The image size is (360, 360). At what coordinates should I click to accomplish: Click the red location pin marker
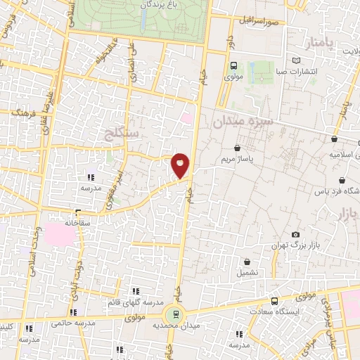click(181, 166)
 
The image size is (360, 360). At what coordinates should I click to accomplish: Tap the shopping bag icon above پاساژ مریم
click(236, 148)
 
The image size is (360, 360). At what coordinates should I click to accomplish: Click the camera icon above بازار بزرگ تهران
click(295, 235)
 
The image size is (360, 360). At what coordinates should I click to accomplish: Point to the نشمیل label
click(247, 272)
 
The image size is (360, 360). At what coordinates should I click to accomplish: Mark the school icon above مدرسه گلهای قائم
click(136, 290)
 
